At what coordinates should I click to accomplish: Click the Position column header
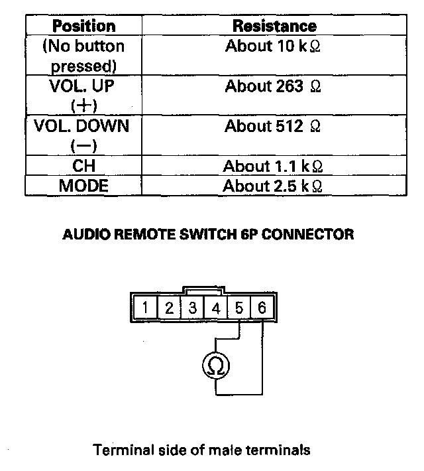pyautogui.click(x=83, y=26)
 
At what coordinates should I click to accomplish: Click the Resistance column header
pyautogui.click(x=274, y=26)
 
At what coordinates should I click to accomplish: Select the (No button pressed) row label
pyautogui.click(x=83, y=56)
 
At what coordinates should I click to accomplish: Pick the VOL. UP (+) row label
pyautogui.click(x=83, y=96)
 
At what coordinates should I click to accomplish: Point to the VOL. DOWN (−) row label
pyautogui.click(x=83, y=135)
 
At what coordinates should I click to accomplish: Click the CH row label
pyautogui.click(x=83, y=165)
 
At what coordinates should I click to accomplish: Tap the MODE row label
pyautogui.click(x=83, y=185)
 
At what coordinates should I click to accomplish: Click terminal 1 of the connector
pyautogui.click(x=144, y=308)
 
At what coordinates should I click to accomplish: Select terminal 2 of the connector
pyautogui.click(x=168, y=308)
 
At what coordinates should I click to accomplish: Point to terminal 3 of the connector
pyautogui.click(x=192, y=308)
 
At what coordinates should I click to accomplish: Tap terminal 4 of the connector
pyautogui.click(x=215, y=308)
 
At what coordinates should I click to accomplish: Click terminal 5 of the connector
pyautogui.click(x=239, y=308)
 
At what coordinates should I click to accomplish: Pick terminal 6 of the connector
pyautogui.click(x=262, y=308)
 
